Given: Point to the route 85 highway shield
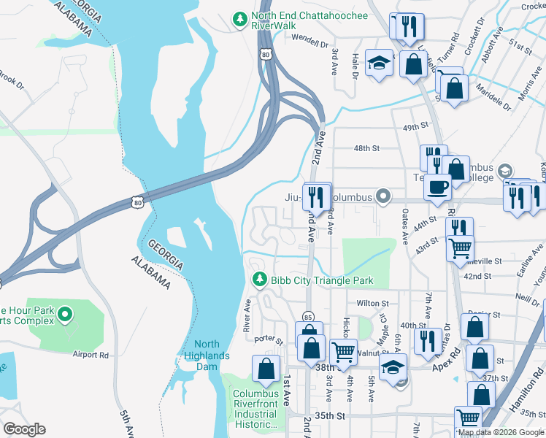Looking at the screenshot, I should [309, 317].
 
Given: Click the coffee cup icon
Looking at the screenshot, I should [438, 186].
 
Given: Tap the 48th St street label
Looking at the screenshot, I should [367, 148].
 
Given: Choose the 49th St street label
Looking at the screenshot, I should [415, 127].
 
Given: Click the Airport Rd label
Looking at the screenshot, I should [91, 355].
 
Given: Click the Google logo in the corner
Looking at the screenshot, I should [24, 429].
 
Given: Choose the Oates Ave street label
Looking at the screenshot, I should [404, 228].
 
